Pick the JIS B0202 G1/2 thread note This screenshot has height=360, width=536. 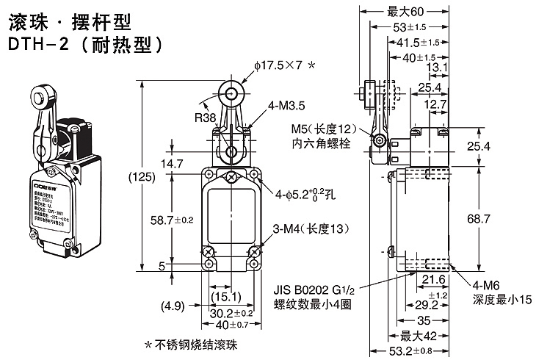pos(312,289)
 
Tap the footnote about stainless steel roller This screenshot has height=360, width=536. pos(191,345)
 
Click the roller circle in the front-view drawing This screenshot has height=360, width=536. pos(233,95)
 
